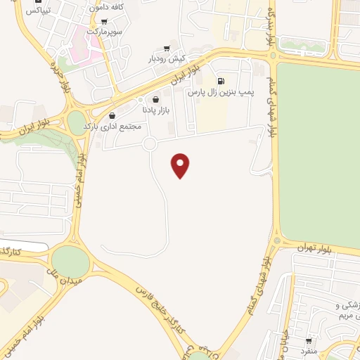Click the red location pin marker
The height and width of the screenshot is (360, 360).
click(x=181, y=165)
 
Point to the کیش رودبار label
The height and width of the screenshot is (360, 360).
click(x=165, y=59)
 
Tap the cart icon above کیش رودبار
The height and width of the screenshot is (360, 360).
click(x=166, y=49)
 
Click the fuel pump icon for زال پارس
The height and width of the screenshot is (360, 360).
click(x=222, y=81)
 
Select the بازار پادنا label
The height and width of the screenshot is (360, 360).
click(x=154, y=110)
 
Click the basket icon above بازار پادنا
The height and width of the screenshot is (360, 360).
click(x=155, y=100)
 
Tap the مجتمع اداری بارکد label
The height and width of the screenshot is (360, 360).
click(x=112, y=127)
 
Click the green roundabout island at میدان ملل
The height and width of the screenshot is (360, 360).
click(x=70, y=262)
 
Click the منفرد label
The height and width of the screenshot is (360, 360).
click(x=309, y=350)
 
